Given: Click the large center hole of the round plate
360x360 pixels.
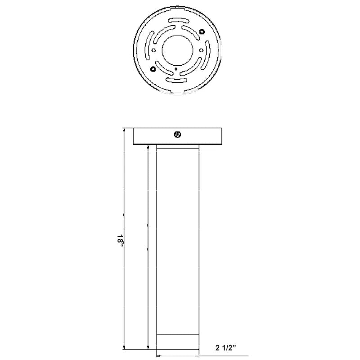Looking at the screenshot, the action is click(177, 50).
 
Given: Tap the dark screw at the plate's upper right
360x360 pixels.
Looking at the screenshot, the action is click(202, 31).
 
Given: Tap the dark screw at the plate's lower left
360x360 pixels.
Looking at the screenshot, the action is click(153, 69).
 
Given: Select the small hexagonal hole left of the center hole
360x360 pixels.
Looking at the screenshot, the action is click(154, 50).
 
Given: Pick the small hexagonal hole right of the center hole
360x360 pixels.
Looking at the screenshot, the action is click(201, 50).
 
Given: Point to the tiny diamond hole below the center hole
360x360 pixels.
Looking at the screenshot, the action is click(176, 69).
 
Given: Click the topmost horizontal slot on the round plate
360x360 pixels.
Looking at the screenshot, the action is click(179, 21).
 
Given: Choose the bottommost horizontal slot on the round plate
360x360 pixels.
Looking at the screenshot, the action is click(175, 80).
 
